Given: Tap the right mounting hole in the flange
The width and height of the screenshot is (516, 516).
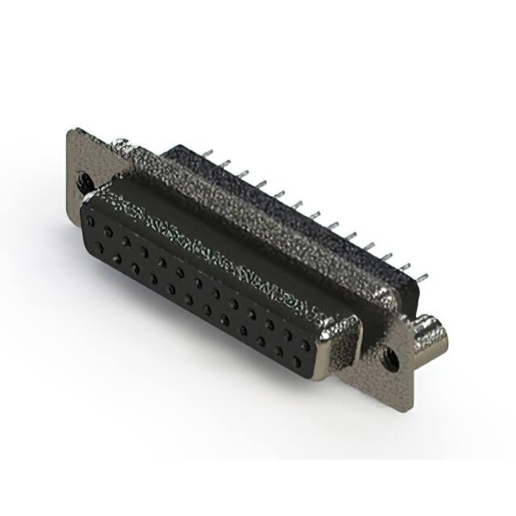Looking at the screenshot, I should [389, 356].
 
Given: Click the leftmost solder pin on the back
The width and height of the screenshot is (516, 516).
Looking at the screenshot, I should [208, 154].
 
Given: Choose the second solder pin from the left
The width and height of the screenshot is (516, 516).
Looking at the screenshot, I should [226, 164].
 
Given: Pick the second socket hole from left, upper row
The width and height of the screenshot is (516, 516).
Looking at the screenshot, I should [108, 231].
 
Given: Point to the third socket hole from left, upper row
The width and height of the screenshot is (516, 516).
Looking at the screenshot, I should [126, 240].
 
